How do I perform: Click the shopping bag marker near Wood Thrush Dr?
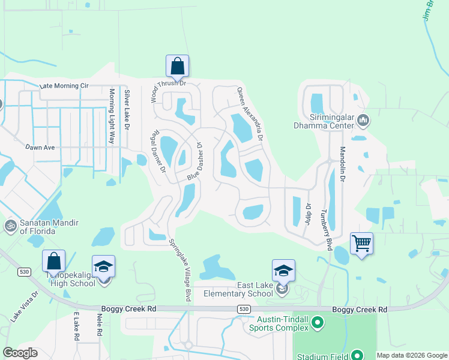(177, 66)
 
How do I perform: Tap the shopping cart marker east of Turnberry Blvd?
(361, 244)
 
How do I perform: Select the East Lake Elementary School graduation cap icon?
(283, 271)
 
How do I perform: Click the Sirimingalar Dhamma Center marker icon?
(363, 121)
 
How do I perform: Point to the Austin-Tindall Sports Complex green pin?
(318, 325)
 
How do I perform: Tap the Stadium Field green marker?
(357, 355)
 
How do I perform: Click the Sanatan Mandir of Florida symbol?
(10, 226)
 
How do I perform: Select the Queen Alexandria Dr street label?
(250, 114)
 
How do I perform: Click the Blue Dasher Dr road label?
(196, 163)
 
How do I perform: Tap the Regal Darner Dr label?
(160, 151)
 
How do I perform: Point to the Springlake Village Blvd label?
(179, 270)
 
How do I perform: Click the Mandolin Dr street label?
(343, 166)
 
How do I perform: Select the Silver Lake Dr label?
(127, 108)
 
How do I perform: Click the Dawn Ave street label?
(40, 147)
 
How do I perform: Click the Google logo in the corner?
(20, 353)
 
